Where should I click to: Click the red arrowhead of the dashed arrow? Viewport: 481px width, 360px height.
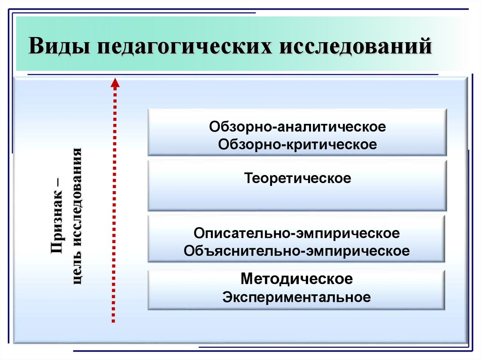click(114, 84)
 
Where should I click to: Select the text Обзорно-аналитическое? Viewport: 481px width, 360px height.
click(297, 127)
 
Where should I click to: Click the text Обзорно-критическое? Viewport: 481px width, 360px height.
click(297, 144)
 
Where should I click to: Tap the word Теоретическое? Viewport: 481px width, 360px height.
click(297, 179)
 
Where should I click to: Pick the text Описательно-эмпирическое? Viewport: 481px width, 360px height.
click(297, 233)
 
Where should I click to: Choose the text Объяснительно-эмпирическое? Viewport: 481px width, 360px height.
click(297, 250)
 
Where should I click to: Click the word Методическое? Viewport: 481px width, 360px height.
click(297, 279)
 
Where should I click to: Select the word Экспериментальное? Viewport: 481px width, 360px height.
click(297, 297)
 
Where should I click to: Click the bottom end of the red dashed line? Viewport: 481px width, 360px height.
click(114, 322)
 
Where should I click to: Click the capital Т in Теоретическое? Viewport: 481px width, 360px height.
click(247, 179)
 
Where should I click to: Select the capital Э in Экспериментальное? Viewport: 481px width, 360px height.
click(227, 297)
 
